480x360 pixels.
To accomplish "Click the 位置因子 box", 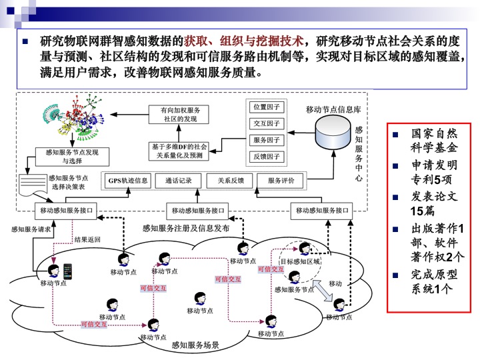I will (266, 107).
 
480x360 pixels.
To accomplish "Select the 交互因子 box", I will (266, 123).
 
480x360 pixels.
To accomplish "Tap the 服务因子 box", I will (266, 140).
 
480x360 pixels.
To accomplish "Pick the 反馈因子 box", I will (266, 157).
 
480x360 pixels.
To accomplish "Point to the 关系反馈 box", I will (230, 181).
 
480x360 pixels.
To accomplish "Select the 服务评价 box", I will (285, 181).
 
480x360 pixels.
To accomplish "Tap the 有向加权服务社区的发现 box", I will (182, 114).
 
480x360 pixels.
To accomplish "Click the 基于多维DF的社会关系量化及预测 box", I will (179, 151).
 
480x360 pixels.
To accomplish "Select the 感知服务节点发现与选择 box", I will (72, 157).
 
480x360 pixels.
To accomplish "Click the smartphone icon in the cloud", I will (67, 271).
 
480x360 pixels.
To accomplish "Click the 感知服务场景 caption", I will (195, 345).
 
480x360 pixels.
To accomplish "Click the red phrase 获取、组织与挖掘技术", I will (244, 41).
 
